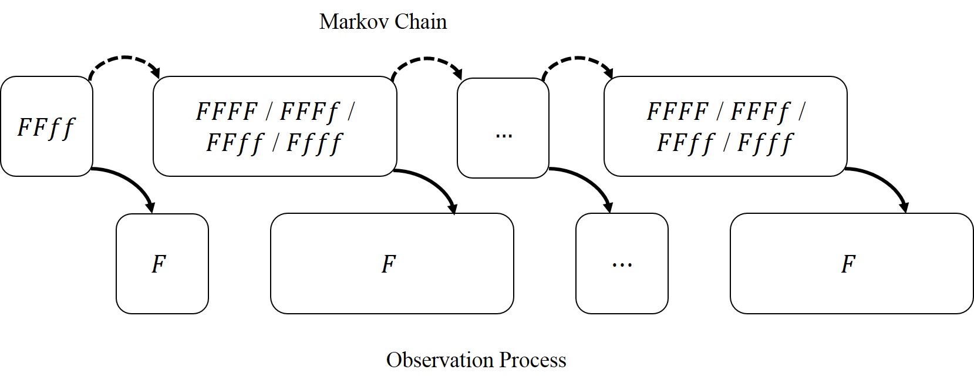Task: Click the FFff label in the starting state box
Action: [x=46, y=127]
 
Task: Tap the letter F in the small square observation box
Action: [x=159, y=264]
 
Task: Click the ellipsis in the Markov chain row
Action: [x=504, y=135]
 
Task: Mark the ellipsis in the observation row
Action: [x=622, y=264]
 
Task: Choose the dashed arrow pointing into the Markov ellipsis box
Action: [x=427, y=62]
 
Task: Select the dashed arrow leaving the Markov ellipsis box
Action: [x=578, y=61]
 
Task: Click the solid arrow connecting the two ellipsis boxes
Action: [x=587, y=182]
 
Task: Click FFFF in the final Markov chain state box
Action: [x=678, y=112]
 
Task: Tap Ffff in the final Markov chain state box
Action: [x=765, y=143]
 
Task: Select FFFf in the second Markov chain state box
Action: [x=310, y=112]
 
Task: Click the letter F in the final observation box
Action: [x=848, y=264]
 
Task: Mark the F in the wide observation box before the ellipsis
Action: [x=389, y=264]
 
